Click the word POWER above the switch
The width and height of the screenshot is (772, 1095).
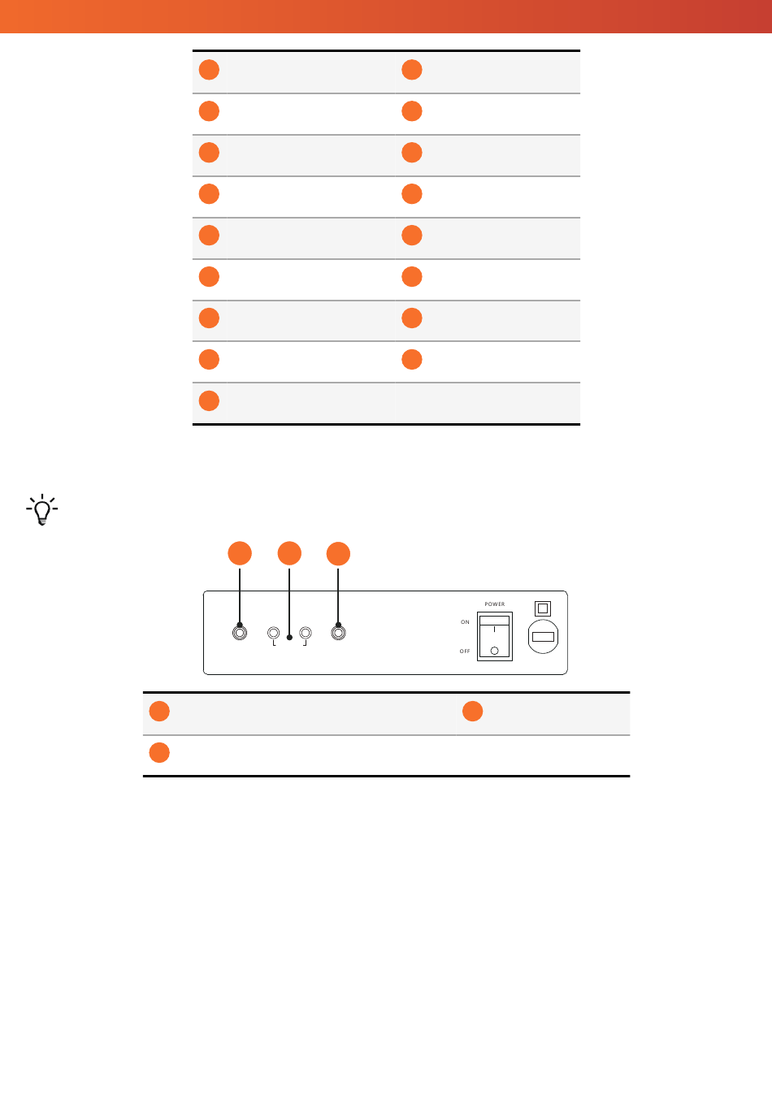[494, 604]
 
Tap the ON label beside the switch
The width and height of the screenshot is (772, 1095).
[465, 622]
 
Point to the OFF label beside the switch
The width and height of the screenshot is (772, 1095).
[465, 651]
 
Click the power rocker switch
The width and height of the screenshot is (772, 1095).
[495, 637]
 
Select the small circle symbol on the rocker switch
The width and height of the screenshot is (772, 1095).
[494, 651]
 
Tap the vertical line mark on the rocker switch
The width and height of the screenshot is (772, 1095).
[494, 630]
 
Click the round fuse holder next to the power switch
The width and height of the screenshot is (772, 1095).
[543, 637]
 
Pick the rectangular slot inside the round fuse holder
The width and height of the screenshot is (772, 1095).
[543, 637]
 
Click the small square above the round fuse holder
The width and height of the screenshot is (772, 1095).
[543, 608]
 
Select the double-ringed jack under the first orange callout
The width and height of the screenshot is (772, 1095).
[240, 633]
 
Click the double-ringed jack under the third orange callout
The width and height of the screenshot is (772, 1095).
[338, 633]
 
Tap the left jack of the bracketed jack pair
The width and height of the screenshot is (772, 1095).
[273, 633]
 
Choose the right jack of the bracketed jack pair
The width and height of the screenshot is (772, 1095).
[306, 633]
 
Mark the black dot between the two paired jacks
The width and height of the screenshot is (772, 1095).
[289, 638]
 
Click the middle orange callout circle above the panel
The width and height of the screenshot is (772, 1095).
[289, 553]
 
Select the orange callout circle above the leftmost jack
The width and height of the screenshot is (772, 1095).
[240, 553]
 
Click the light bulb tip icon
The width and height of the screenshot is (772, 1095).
[42, 509]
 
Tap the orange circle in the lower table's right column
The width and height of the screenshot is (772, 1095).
[473, 712]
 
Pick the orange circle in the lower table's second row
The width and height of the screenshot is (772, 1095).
[159, 753]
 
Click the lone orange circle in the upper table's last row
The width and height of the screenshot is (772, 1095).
[209, 400]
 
